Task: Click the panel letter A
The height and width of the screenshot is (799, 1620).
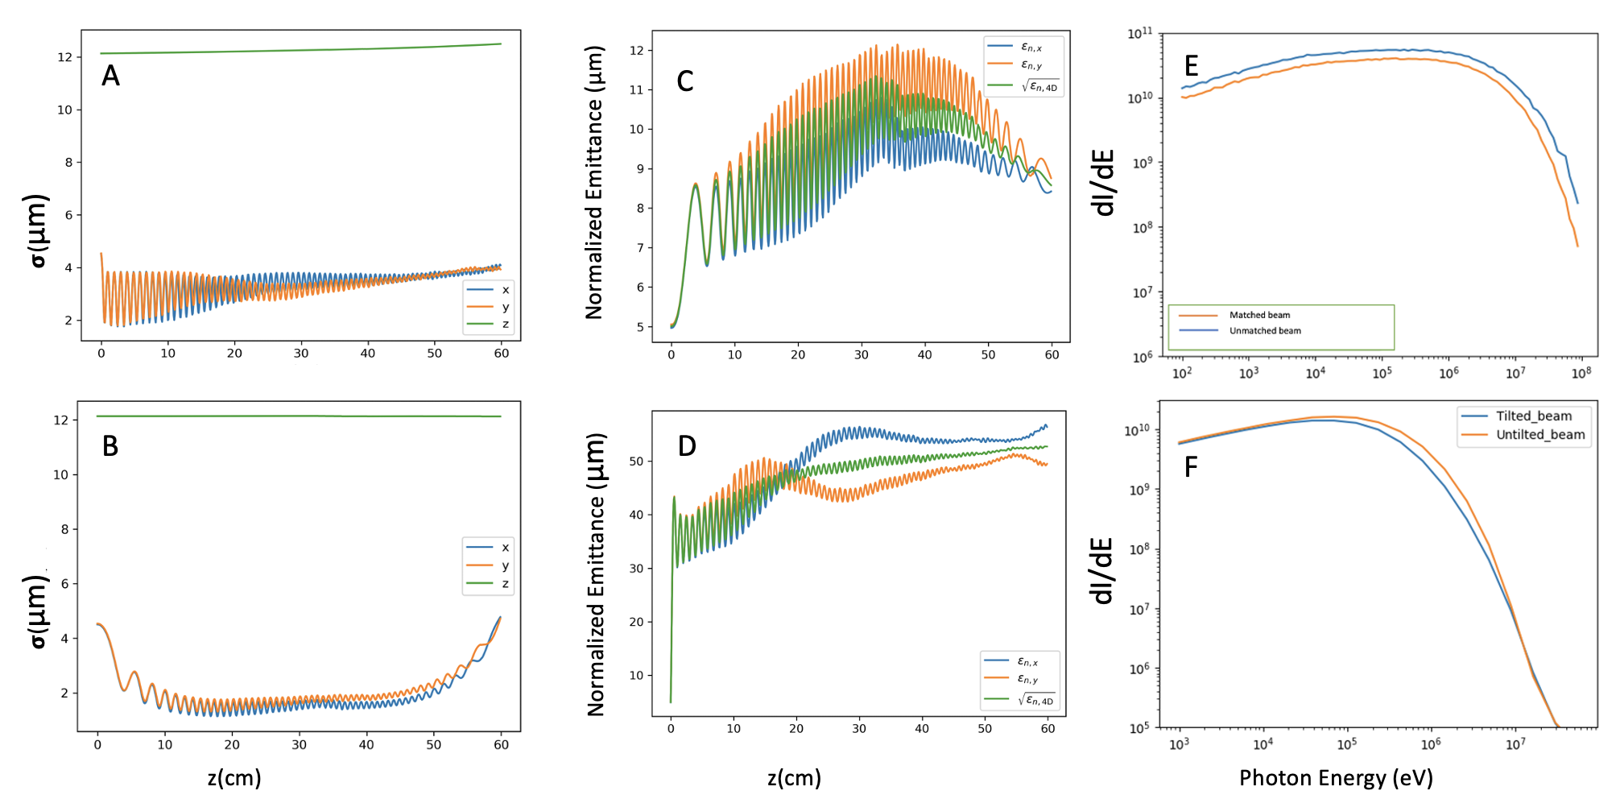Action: pyautogui.click(x=110, y=76)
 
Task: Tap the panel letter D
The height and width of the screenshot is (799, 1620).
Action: pyautogui.click(x=687, y=445)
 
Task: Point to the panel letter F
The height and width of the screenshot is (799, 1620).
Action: pyautogui.click(x=1191, y=466)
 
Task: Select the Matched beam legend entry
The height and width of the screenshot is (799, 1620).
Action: pyautogui.click(x=1259, y=315)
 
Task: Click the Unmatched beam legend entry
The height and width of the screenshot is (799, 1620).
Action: pyautogui.click(x=1264, y=331)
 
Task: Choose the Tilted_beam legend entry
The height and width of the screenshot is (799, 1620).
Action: pyautogui.click(x=1533, y=416)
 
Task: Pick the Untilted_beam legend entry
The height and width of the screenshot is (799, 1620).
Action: pyautogui.click(x=1539, y=435)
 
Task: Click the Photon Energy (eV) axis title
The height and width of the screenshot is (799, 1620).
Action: pyautogui.click(x=1336, y=778)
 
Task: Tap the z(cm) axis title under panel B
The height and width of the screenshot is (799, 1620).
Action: pyautogui.click(x=234, y=778)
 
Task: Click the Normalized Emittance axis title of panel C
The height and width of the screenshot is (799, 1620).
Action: pyautogui.click(x=594, y=183)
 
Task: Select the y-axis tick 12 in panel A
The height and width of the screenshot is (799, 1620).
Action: pyautogui.click(x=64, y=57)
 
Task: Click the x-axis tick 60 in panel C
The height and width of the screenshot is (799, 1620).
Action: pyautogui.click(x=1052, y=355)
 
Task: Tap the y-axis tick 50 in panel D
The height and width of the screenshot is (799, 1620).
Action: pyautogui.click(x=636, y=462)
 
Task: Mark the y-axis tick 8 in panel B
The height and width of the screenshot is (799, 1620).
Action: pyautogui.click(x=64, y=529)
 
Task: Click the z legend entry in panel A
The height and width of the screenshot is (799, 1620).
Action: pyautogui.click(x=505, y=325)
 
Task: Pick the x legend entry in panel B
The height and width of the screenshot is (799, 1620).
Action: pyautogui.click(x=505, y=548)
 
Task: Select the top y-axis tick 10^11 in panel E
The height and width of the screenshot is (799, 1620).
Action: pyautogui.click(x=1139, y=34)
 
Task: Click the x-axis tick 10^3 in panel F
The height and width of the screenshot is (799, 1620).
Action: pyautogui.click(x=1179, y=744)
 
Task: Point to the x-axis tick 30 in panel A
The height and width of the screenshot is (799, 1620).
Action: pyautogui.click(x=301, y=354)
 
